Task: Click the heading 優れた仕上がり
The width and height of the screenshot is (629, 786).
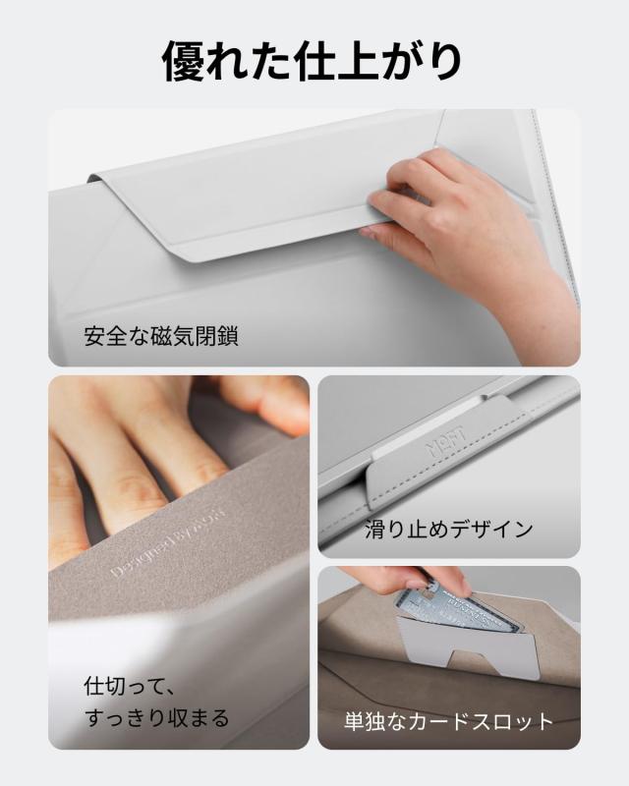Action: pos(314,61)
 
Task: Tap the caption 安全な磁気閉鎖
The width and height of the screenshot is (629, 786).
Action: pos(161,337)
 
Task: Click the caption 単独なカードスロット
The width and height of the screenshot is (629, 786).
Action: pos(448,722)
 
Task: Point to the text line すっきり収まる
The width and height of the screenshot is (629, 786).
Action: pos(155,717)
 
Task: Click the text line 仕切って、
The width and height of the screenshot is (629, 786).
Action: pos(126,683)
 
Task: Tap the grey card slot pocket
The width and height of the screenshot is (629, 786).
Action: pos(467,644)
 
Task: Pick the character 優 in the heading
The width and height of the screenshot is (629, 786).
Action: pos(186,61)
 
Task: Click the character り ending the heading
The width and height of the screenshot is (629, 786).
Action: pos(443,61)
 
